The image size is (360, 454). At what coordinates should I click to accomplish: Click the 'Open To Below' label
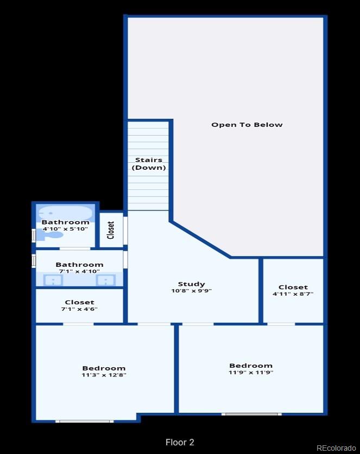(x=247, y=125)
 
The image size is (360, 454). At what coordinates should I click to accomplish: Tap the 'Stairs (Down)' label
(x=149, y=164)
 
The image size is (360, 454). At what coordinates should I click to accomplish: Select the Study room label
(x=191, y=284)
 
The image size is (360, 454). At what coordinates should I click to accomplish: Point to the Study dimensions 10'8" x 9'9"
(x=191, y=291)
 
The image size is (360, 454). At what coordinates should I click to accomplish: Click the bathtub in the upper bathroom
(x=66, y=213)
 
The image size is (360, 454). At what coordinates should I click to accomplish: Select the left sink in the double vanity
(x=53, y=280)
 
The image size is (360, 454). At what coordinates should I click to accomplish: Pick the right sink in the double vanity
(x=106, y=280)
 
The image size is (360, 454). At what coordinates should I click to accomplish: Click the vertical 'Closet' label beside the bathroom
(x=111, y=230)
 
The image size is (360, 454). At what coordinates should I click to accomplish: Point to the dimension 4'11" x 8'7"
(x=293, y=294)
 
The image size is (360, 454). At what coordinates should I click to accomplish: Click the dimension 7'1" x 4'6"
(x=79, y=309)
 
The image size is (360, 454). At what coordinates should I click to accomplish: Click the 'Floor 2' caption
(x=180, y=442)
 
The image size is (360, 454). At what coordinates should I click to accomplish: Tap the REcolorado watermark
(x=336, y=448)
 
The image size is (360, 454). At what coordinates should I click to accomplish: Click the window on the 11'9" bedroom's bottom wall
(x=251, y=414)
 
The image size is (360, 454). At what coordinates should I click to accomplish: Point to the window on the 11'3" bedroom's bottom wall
(x=84, y=421)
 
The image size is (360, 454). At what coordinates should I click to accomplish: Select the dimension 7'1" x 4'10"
(x=79, y=271)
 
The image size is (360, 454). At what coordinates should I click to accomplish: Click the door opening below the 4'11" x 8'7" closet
(x=281, y=324)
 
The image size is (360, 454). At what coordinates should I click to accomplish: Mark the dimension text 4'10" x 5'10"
(x=65, y=229)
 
